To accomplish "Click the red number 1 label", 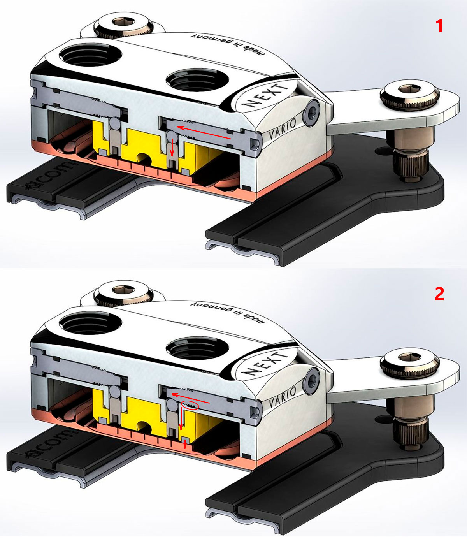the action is pyautogui.click(x=439, y=26).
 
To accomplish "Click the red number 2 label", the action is pyautogui.click(x=439, y=294).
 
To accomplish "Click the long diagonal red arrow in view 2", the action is pyautogui.click(x=191, y=398).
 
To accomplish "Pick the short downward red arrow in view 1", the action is pyautogui.click(x=172, y=148).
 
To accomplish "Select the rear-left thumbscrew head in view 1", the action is pyautogui.click(x=123, y=26).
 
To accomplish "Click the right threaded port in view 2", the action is pyautogui.click(x=198, y=348).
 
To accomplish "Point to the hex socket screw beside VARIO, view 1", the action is pyautogui.click(x=311, y=113).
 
